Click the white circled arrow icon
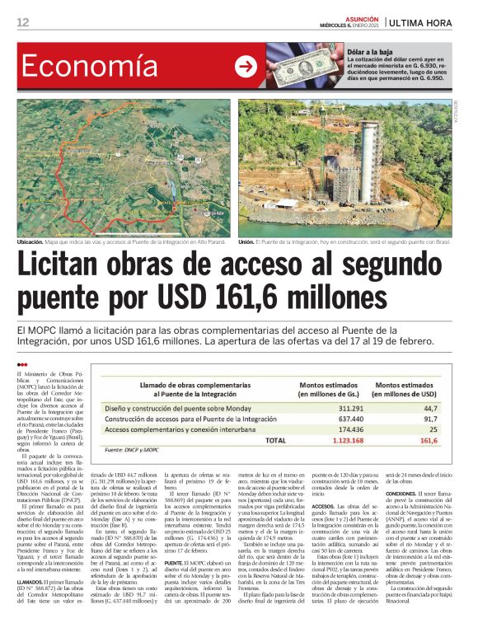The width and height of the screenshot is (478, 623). pos(246,67)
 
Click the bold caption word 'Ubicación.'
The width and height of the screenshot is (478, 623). pos(35,242)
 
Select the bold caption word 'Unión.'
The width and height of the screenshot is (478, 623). pos(248,242)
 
